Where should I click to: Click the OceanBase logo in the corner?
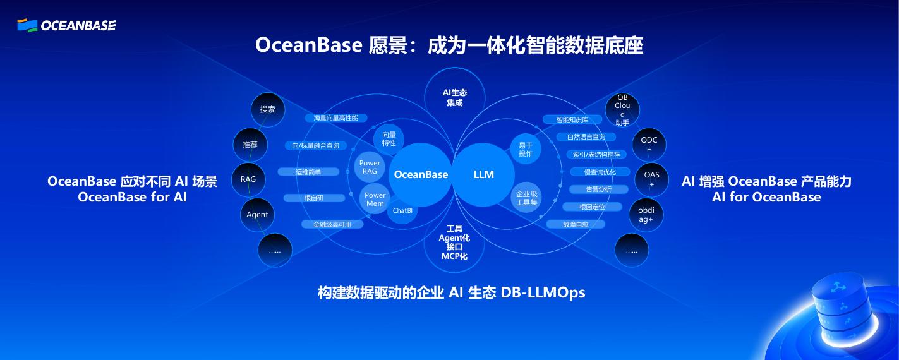coord(66,25)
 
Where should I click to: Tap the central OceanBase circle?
coord(421,174)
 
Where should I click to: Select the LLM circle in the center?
coord(484,174)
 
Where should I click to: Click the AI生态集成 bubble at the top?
coord(455,97)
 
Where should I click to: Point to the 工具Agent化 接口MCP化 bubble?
coord(454,243)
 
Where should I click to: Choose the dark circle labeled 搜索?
coord(268,109)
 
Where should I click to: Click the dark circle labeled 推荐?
coord(250,145)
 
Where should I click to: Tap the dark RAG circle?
coord(248,179)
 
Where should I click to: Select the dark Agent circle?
coord(257,215)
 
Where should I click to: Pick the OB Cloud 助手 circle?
coord(622,110)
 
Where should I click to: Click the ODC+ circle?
coord(649,144)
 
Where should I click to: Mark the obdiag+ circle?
coord(646,214)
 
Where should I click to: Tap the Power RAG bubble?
coord(370,167)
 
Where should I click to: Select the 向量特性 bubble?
coord(389,139)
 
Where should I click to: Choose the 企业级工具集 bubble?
coord(526,198)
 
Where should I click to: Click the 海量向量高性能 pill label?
coord(335,118)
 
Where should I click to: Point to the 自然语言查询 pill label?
coord(586,137)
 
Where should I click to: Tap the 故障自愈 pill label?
coord(576,224)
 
